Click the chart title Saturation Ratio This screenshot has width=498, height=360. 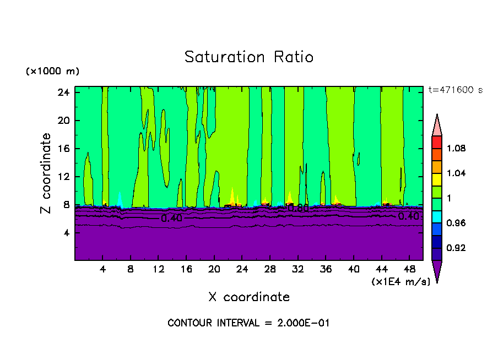pos(249,57)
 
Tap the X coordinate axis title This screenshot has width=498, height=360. pos(249,297)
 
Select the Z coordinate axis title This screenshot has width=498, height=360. pos(46,173)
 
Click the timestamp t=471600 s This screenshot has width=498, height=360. pos(455,90)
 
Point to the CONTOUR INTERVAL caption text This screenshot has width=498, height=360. pos(248,323)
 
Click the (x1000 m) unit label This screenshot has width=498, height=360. pos(52,72)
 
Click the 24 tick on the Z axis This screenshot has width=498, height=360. pos(63,92)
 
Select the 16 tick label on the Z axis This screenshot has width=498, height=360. pos(63,149)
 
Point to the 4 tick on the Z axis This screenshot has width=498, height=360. pos(66,233)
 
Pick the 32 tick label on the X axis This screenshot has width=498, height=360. pos(297,269)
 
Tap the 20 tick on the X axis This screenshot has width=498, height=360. pos(214,269)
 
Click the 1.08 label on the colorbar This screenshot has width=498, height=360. pos(457,149)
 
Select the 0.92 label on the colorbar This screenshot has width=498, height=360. pos(457,248)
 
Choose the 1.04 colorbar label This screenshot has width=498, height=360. pos(457,173)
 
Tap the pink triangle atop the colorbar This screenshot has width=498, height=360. pos(437,127)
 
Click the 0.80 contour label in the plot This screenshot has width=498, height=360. pos(299,209)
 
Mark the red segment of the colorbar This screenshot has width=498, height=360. pos(437,142)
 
